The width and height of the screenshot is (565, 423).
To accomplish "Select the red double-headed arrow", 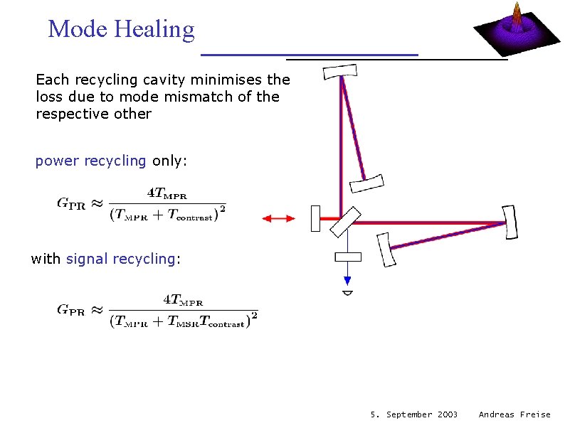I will click(278, 218).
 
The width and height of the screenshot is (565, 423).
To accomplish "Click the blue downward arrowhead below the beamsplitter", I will click(348, 279).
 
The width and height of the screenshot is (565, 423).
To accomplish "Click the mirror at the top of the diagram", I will click(339, 71).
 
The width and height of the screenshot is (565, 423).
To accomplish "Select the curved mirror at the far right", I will click(509, 222).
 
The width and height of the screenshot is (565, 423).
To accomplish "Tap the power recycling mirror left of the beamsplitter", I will click(316, 218).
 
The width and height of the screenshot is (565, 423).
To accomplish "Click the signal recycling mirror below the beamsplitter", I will click(348, 257).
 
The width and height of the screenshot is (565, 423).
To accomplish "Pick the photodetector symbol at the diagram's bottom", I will click(348, 292).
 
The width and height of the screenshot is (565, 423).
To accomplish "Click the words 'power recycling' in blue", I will click(90, 161).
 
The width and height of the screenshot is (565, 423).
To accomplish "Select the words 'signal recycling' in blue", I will click(120, 259).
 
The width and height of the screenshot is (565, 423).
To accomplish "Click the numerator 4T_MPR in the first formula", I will click(169, 192).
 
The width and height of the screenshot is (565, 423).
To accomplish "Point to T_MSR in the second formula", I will click(181, 323).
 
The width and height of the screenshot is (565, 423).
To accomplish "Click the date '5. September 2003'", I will click(414, 414).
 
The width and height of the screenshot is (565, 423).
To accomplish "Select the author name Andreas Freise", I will click(514, 414).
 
